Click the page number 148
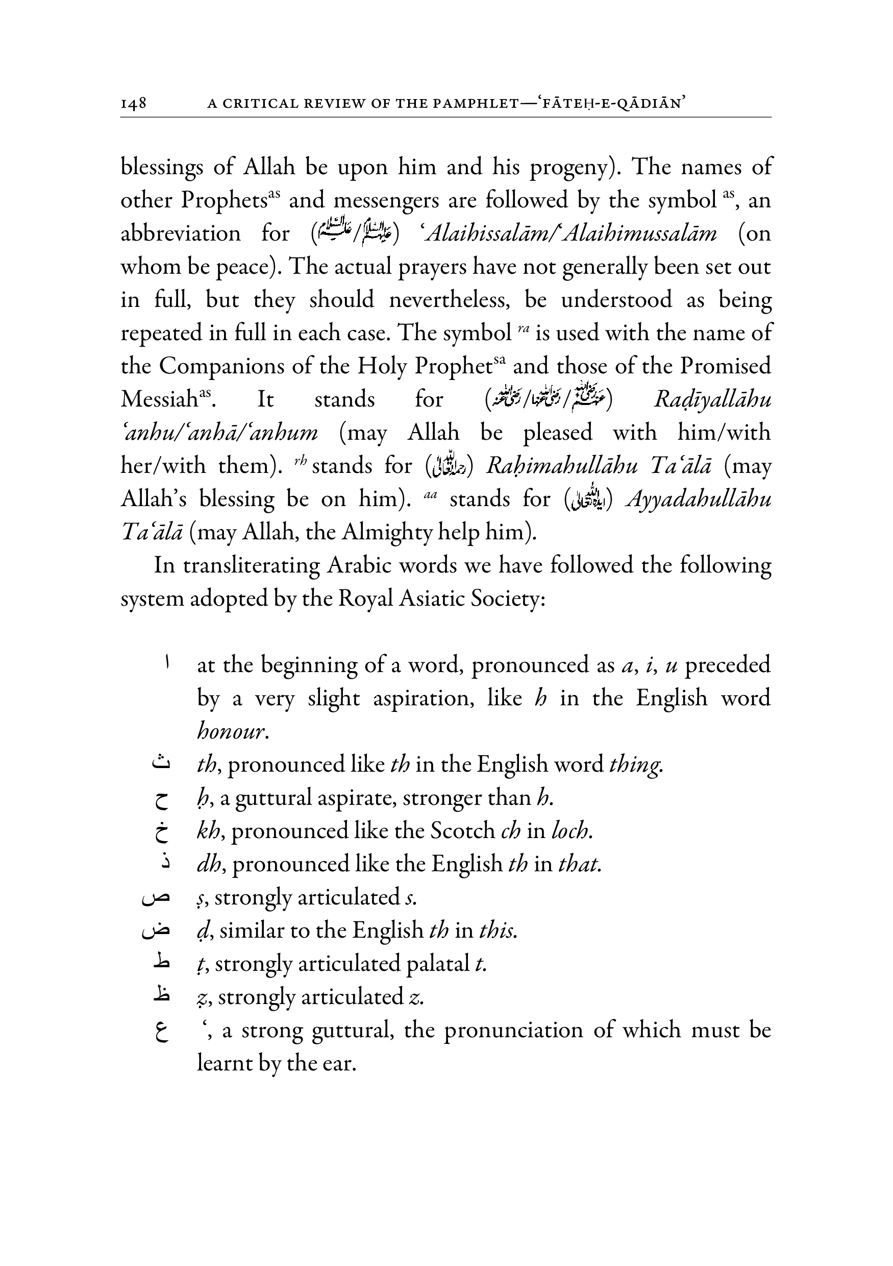pyautogui.click(x=133, y=103)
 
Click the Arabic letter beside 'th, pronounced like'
pyautogui.click(x=160, y=762)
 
